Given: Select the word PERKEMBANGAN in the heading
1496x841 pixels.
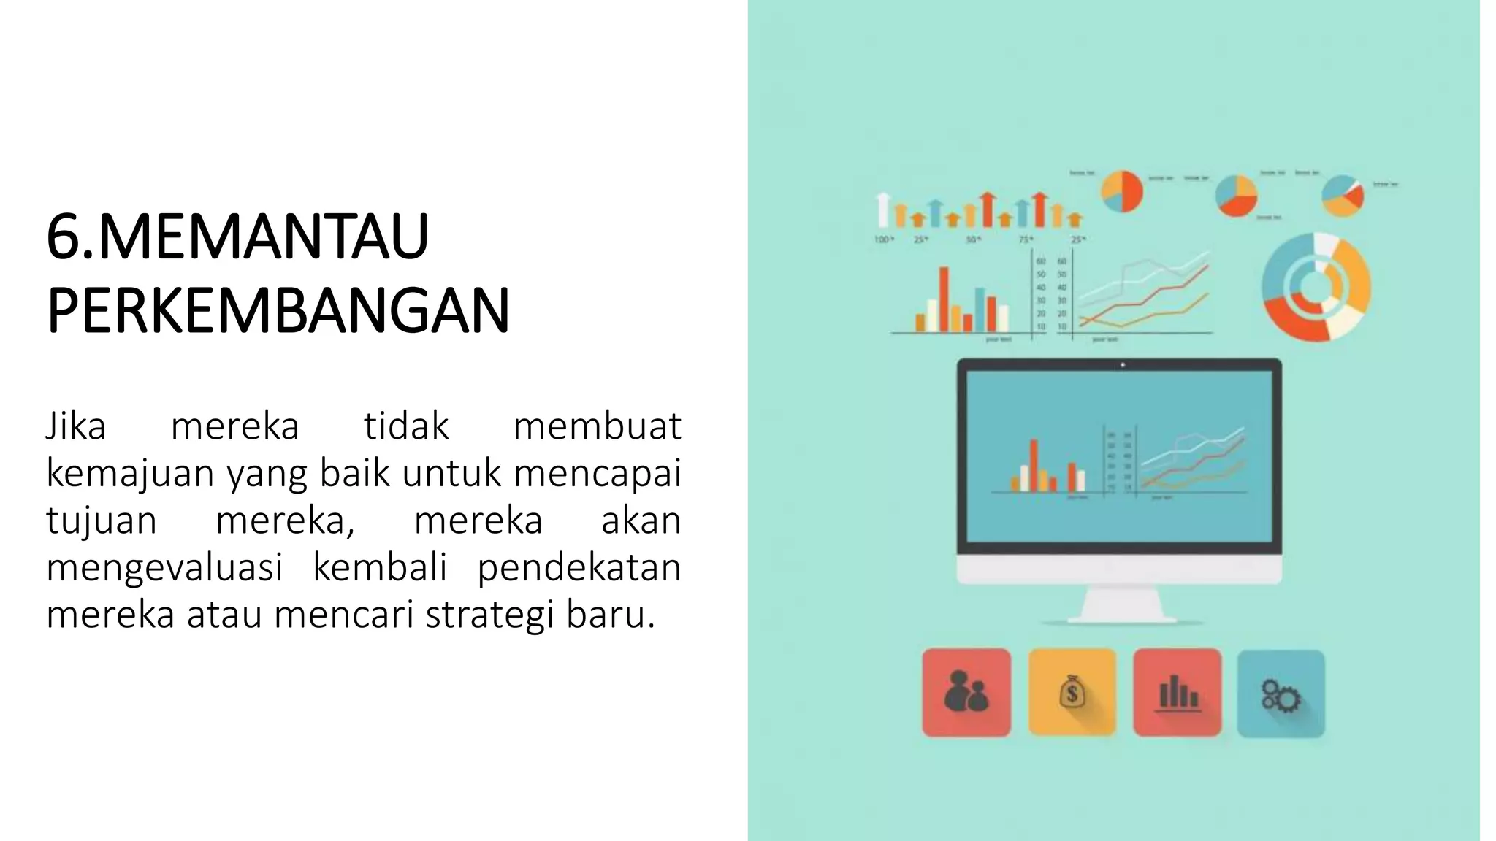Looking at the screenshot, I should click(278, 311).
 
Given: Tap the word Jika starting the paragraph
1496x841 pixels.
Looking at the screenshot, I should click(76, 426).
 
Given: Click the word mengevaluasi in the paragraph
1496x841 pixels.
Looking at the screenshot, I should click(164, 568).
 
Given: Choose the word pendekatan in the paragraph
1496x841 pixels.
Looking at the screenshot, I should click(579, 568).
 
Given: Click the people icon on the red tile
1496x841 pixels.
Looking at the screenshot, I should click(966, 692).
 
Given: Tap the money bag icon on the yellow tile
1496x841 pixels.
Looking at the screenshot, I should click(1072, 692).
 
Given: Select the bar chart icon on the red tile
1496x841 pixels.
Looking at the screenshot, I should click(1177, 692).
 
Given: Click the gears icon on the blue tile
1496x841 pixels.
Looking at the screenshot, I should click(1281, 694).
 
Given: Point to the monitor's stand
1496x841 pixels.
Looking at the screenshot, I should click(1121, 606).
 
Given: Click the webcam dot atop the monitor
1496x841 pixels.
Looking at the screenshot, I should click(1123, 365).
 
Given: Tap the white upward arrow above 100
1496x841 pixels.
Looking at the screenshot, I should click(883, 210).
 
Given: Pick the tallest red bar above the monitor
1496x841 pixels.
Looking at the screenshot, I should click(944, 299).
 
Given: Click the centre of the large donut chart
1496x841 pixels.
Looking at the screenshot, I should click(1316, 287).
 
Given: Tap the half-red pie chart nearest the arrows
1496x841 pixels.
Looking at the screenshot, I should click(1122, 191).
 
